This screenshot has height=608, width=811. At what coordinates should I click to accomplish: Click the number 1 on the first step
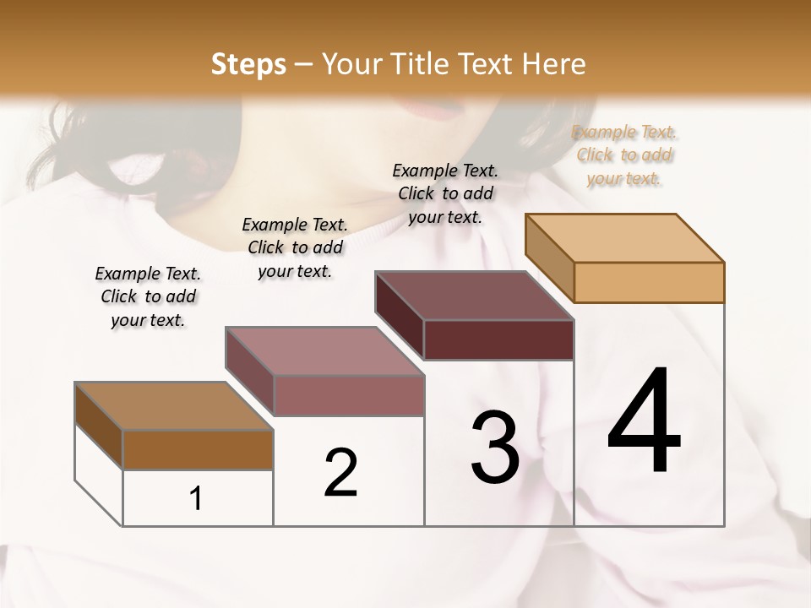(x=196, y=499)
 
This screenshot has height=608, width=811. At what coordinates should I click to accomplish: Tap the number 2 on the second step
(x=340, y=472)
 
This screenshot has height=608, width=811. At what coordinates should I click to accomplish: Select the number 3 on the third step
(x=495, y=448)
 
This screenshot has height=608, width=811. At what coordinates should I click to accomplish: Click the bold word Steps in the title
(x=248, y=64)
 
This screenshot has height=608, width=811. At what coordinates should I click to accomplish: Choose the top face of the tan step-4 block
(x=625, y=238)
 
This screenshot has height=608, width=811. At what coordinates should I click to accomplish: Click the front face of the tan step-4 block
(x=649, y=282)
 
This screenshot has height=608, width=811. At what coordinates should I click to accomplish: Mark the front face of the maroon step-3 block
(x=498, y=340)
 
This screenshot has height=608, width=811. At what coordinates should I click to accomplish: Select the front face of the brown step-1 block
(x=198, y=450)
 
